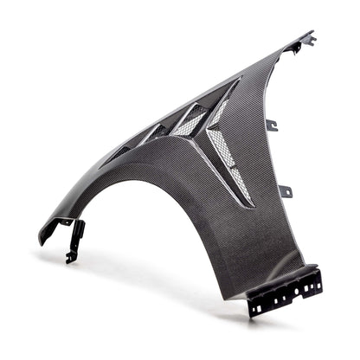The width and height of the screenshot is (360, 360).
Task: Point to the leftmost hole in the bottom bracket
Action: [x=257, y=304]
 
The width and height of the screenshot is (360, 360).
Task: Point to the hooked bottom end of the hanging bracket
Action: [x=71, y=257]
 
